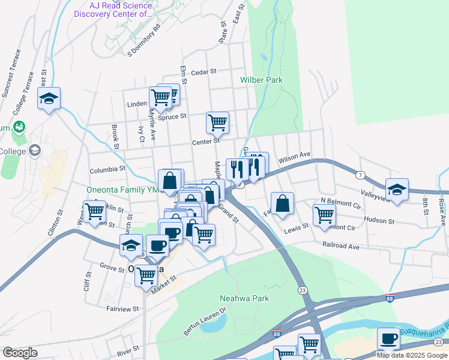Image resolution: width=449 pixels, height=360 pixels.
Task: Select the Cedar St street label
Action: coord(204,71)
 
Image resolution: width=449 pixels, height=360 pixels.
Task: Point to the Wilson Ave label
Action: coord(294,157)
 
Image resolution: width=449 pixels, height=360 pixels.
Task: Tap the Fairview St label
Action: coord(122,309)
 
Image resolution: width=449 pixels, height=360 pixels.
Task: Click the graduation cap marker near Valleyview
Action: coord(397,189)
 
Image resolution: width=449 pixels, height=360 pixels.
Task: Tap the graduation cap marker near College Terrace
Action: coord(49,98)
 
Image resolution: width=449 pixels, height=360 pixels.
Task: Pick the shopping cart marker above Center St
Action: coord(217,122)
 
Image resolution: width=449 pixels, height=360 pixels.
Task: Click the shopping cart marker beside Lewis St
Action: coord(324,214)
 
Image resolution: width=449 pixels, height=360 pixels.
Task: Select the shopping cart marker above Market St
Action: coord(146,275)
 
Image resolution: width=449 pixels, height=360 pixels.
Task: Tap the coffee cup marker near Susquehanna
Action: coord(388,338)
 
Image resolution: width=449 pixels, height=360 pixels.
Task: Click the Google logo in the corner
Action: coord(19,353)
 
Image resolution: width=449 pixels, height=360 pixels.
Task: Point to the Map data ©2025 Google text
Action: coord(412,355)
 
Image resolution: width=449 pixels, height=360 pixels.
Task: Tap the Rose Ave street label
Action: coord(442,213)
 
